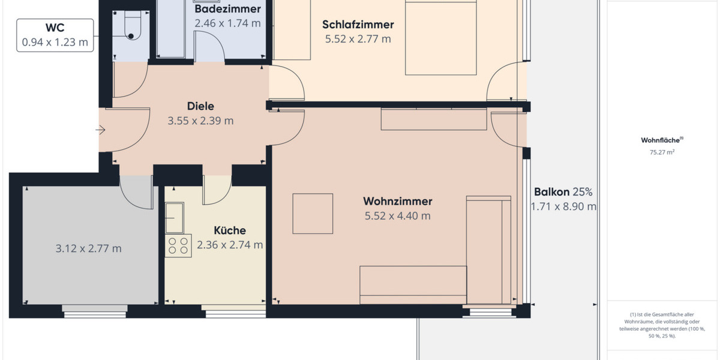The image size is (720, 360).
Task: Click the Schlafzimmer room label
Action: [x=358, y=25]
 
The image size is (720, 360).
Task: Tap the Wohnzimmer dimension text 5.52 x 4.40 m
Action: [x=397, y=216]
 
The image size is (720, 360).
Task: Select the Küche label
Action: [x=230, y=230]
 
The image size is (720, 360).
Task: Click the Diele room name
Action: [x=200, y=106]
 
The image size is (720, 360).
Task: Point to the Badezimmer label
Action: [x=227, y=9]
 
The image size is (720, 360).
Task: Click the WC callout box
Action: [x=55, y=35]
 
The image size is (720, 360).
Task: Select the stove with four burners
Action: [x=178, y=245]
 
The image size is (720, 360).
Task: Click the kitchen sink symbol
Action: [x=175, y=218]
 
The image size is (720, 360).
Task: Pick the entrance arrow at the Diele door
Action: [x=100, y=130]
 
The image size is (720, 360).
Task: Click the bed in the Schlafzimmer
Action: [x=441, y=39]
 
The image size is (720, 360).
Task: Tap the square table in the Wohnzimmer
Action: [x=313, y=213]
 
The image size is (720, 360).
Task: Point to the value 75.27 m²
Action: [x=662, y=152]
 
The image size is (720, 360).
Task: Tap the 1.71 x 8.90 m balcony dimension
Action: [x=563, y=207]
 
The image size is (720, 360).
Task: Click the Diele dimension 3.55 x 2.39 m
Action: [x=200, y=121]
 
